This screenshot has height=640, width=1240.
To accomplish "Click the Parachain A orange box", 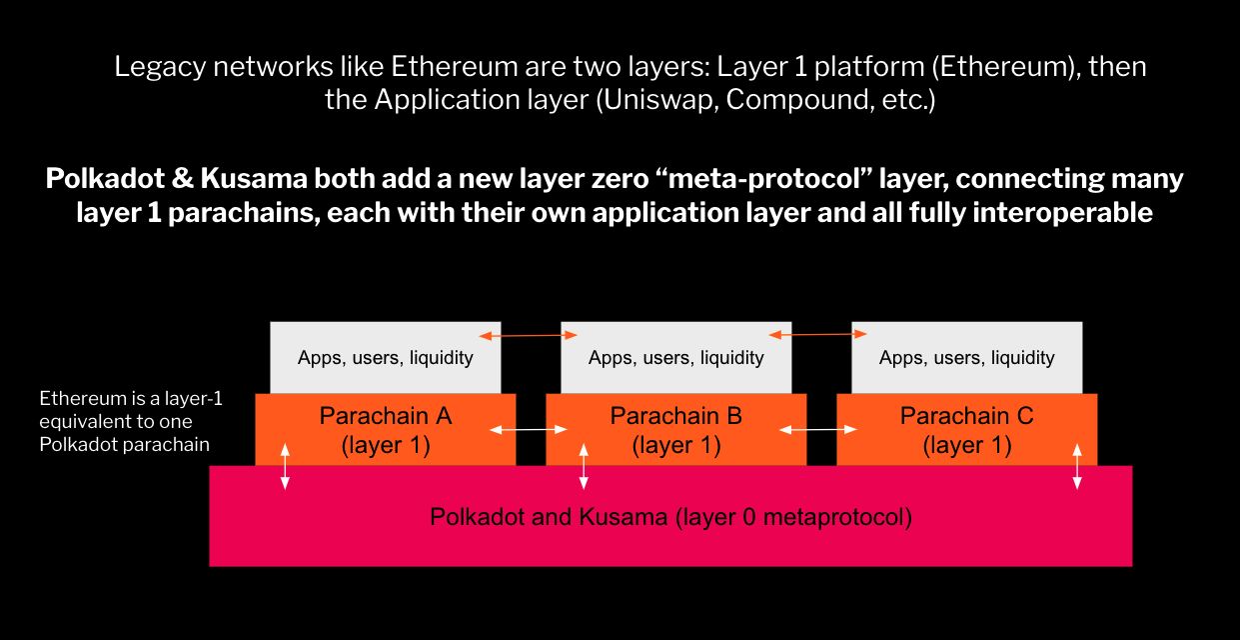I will tap(385, 430).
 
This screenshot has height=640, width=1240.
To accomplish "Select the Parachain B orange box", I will tap(675, 430).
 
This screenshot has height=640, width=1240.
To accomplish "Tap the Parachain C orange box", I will tap(966, 430).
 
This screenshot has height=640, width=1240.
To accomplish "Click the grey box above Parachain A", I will tap(385, 357).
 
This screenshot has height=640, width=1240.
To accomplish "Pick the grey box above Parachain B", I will tap(675, 357).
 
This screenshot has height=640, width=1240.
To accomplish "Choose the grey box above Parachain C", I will tap(966, 357).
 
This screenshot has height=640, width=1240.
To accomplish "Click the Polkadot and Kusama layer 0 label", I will tap(670, 517).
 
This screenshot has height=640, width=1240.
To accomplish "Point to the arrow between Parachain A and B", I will tap(531, 430).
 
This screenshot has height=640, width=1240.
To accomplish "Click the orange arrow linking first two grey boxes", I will tap(531, 335).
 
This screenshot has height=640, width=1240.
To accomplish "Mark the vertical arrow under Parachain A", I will tap(285, 466).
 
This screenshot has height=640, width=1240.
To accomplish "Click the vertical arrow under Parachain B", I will tap(584, 466).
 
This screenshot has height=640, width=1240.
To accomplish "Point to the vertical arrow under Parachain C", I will tap(1076, 466).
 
